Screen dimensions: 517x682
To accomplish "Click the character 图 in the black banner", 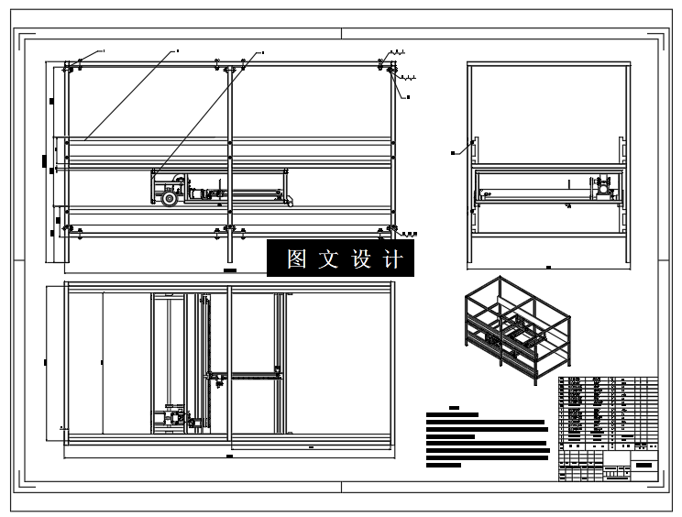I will tap(296, 259).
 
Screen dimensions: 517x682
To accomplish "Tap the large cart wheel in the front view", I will tap(169, 198).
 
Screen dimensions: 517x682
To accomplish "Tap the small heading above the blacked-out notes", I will tap(455, 406).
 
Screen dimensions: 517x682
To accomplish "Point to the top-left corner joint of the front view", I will tap(68, 65).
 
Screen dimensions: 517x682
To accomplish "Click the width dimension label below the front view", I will tap(229, 272).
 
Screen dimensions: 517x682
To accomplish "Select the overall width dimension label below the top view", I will tap(229, 455).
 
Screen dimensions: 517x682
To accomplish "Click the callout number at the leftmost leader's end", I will tap(104, 49).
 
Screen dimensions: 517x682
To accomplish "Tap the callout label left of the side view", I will tap(456, 151).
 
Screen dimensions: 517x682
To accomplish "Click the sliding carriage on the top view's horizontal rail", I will tap(218, 376).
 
